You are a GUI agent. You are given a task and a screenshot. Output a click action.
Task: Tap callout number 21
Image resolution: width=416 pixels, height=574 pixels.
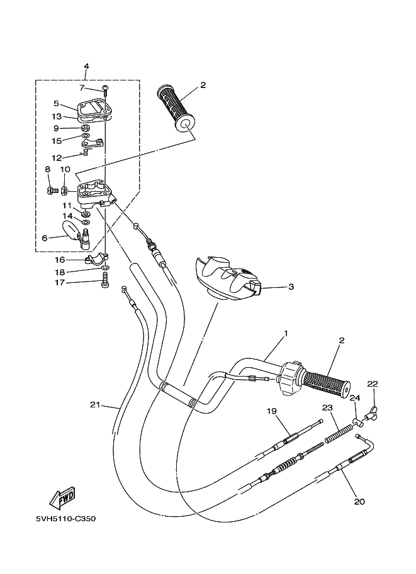point(94,404)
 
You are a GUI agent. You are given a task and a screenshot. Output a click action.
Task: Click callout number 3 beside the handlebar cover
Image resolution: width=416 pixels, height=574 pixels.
point(291,287)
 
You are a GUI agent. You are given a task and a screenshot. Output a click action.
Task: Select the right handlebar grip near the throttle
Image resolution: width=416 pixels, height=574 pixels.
point(325,384)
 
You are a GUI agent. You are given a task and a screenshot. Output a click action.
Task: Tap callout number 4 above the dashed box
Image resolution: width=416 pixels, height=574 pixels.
point(86,66)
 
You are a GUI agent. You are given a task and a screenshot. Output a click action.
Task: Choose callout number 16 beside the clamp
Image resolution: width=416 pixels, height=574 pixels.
point(60,259)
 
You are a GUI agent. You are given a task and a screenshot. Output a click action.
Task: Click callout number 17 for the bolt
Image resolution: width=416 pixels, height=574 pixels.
point(60,283)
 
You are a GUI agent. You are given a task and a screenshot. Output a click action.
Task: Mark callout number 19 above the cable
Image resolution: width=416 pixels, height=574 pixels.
point(271,411)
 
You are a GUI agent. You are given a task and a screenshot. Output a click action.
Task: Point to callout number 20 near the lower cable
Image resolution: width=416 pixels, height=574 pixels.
point(359,502)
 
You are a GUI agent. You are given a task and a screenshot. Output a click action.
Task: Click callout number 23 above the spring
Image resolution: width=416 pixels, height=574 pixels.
point(327,407)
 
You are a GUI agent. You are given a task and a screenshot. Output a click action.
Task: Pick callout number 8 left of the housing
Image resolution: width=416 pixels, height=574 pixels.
point(47,169)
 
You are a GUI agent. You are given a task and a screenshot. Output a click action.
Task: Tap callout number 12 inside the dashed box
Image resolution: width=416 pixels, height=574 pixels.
point(57,157)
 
